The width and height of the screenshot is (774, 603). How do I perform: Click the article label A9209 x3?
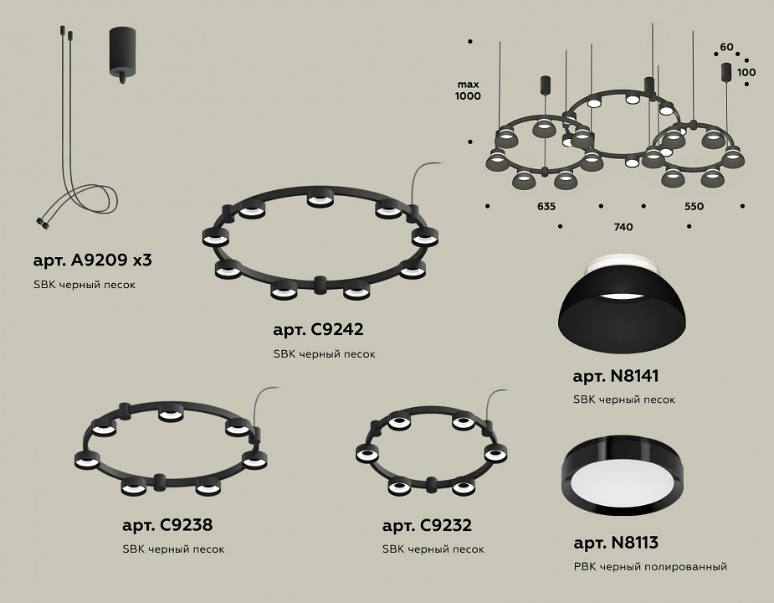click(x=92, y=260)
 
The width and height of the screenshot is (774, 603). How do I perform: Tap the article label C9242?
click(x=318, y=329)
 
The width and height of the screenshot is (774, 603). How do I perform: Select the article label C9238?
click(x=167, y=524)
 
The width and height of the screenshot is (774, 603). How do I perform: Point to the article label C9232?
click(x=427, y=525)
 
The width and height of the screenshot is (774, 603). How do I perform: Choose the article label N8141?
click(x=616, y=376)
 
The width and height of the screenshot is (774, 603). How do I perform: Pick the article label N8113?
click(x=616, y=543)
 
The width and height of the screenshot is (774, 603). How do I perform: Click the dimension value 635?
click(x=546, y=206)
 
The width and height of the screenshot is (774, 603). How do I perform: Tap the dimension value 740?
click(x=623, y=227)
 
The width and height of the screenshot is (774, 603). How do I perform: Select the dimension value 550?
click(x=694, y=206)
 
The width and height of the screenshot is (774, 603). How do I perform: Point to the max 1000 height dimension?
click(x=468, y=90)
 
